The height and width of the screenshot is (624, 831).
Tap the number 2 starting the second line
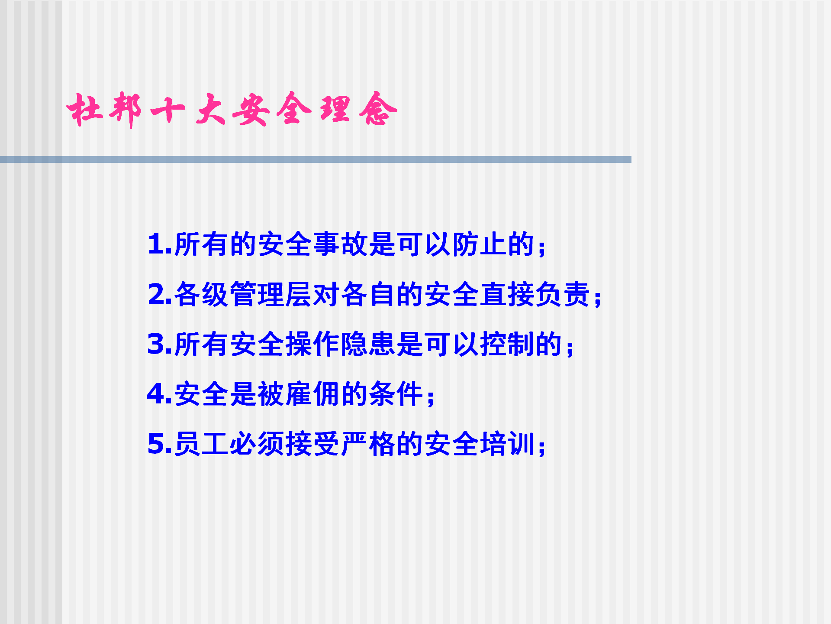pos(156,294)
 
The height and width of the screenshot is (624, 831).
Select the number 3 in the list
pos(156,344)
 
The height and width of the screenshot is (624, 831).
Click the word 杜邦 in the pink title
pos(104,110)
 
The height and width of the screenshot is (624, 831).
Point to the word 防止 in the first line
pos(479,244)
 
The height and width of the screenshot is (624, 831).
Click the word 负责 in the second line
pos(562,294)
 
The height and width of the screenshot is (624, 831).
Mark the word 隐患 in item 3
pos(368,344)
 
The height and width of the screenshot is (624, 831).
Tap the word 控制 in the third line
pos(507,344)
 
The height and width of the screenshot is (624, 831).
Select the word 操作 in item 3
pos(313,344)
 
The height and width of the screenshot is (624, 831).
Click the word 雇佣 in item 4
pos(313,394)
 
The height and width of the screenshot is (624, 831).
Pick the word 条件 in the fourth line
pos(396,394)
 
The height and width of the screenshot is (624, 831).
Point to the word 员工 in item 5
pos(202,444)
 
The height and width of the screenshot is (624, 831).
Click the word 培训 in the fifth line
pos(507,444)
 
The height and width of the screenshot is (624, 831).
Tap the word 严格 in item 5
pos(368,444)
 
